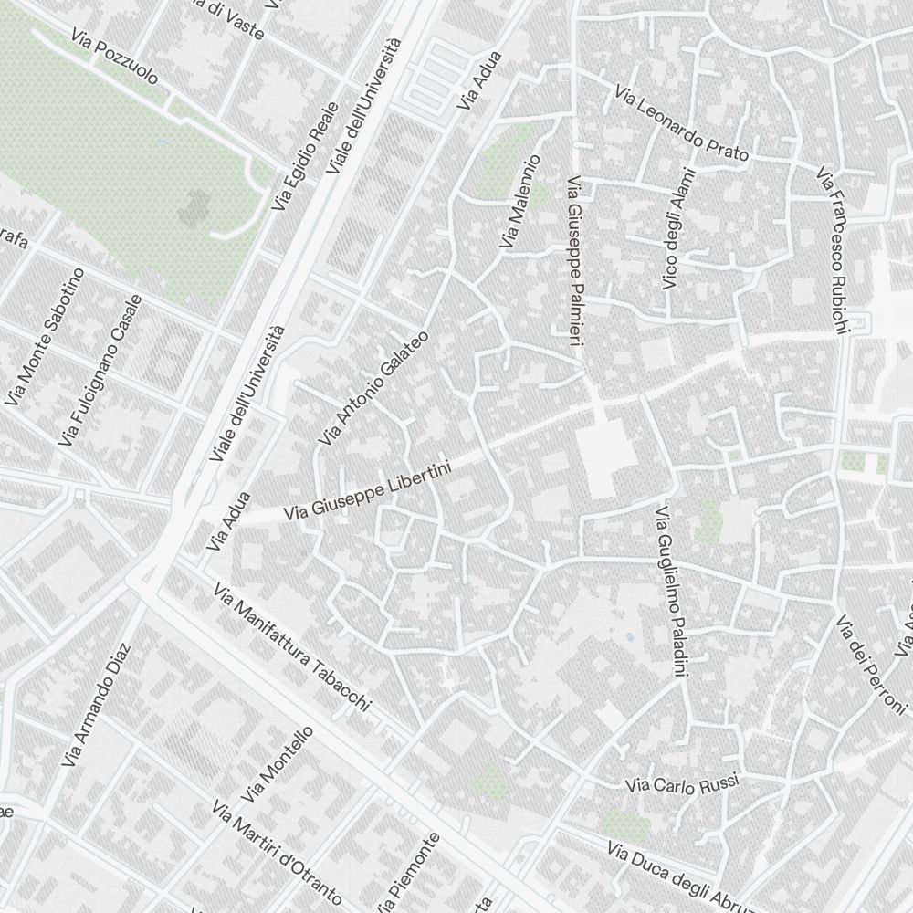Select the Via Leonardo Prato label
tap(681, 124)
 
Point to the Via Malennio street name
tap(519, 202)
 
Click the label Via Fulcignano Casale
tap(100, 371)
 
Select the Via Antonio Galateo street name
tap(373, 389)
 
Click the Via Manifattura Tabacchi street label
tap(292, 647)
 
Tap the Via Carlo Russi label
tap(681, 784)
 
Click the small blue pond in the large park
tap(163, 142)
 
